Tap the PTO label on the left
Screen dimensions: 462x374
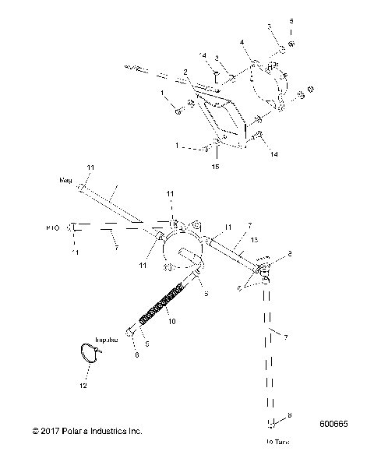pos(52,228)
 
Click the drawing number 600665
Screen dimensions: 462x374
pos(336,426)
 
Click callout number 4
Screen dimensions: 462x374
pos(242,41)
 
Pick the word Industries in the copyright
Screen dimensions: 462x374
pos(120,431)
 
